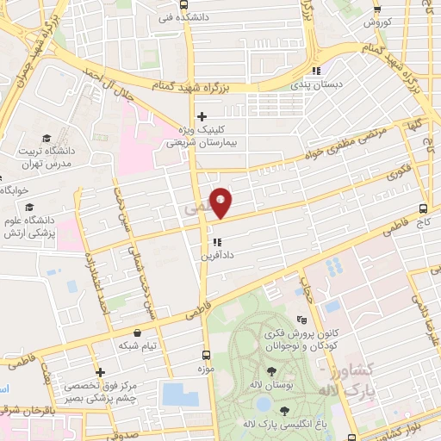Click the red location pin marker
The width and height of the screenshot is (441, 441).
(221, 202)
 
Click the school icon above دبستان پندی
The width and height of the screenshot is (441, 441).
(316, 71)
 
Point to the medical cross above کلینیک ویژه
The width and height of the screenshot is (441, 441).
(202, 116)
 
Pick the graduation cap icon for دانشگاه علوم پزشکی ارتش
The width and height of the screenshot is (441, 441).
(30, 208)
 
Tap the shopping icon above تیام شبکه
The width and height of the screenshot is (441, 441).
(136, 332)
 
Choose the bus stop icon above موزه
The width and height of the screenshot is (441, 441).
(205, 353)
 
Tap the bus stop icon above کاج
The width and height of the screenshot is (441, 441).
(421, 208)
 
